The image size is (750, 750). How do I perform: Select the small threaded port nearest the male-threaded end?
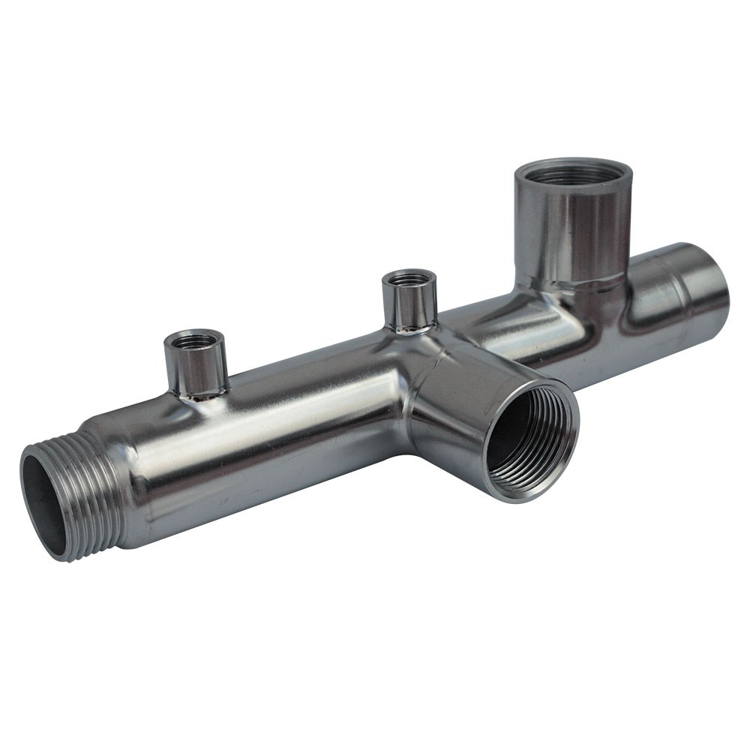pos(195,364)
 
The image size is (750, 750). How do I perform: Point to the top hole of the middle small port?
pos(409,279)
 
